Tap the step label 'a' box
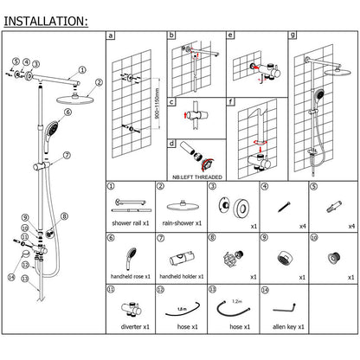point(110,37)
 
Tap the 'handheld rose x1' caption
point(130,277)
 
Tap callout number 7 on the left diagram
point(66,156)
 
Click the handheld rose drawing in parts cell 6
point(130,257)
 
